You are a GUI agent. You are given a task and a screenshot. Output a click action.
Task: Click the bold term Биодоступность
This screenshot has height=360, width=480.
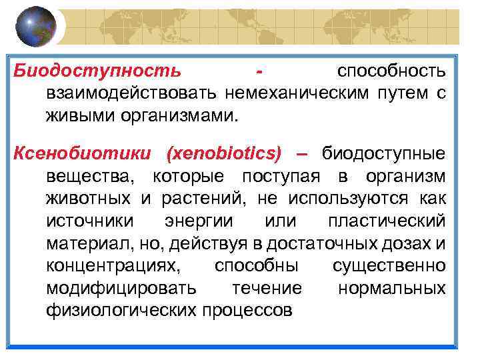(97, 70)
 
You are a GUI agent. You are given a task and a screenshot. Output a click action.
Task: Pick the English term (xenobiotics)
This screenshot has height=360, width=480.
(225, 154)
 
